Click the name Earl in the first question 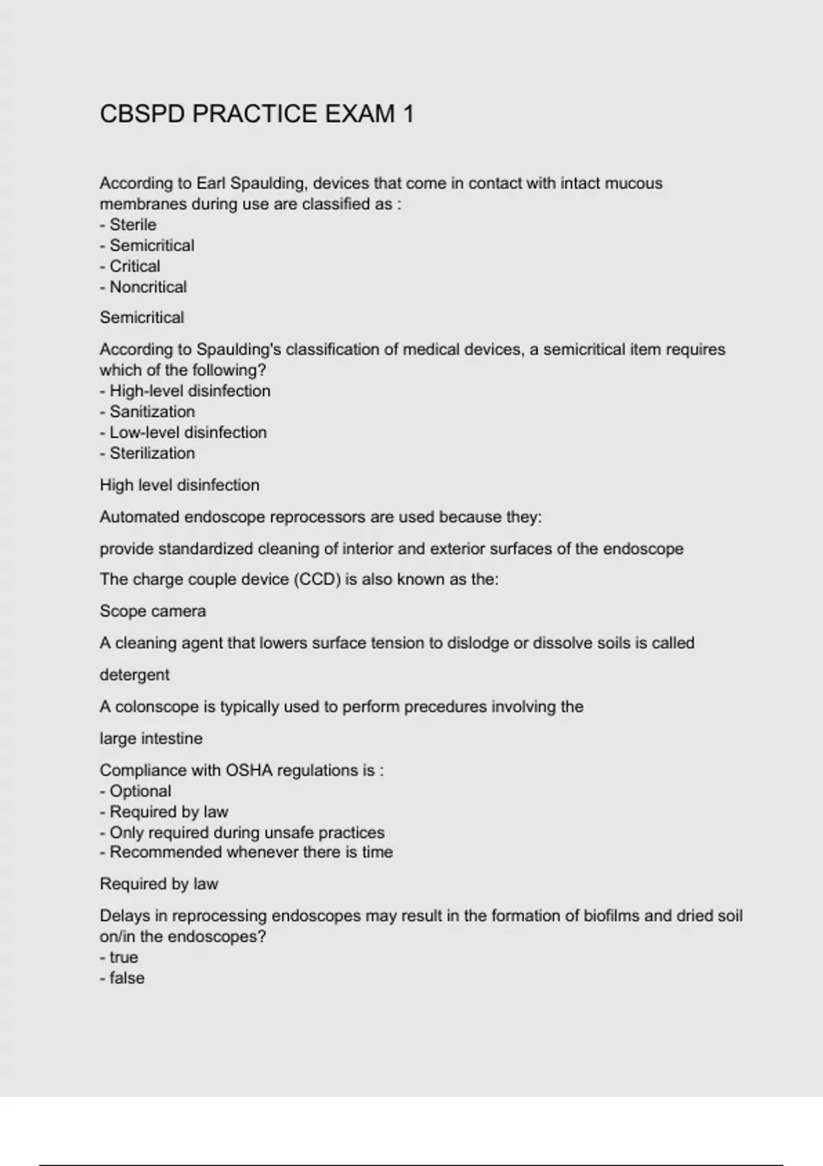pos(211,184)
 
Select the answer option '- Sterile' pos(128,225)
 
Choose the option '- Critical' pos(130,266)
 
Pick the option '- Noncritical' pos(143,287)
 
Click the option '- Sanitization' pos(147,412)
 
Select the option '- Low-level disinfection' pos(183,433)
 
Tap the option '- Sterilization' pos(147,453)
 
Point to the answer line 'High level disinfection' pos(180,486)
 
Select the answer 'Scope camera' pos(153,611)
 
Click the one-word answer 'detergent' pos(134,675)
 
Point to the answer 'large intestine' pos(151,739)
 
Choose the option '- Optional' pos(136,792)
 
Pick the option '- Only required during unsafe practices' pos(242,833)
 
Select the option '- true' pos(119,957)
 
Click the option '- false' pos(122,978)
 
